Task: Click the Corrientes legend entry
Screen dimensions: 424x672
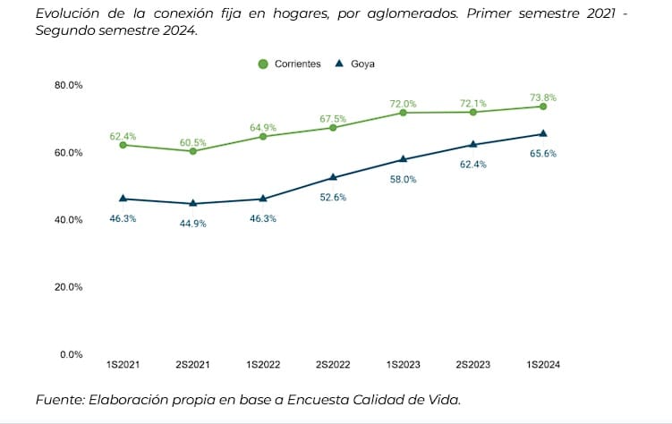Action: click(290, 64)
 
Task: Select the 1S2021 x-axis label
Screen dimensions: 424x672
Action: click(123, 366)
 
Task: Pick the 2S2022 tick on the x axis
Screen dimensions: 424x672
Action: click(333, 366)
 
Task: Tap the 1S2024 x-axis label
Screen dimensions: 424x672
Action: click(543, 366)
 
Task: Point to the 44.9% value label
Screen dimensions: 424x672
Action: click(192, 224)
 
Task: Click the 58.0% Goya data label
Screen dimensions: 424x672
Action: click(403, 179)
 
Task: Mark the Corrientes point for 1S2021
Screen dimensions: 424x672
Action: click(123, 145)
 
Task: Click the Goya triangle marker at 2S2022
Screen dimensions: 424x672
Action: click(333, 177)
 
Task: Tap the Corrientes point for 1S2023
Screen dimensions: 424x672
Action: click(403, 113)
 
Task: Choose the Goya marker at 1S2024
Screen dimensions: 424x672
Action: click(543, 133)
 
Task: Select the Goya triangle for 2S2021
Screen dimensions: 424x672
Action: click(192, 203)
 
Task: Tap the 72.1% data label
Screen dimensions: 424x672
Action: click(473, 103)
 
